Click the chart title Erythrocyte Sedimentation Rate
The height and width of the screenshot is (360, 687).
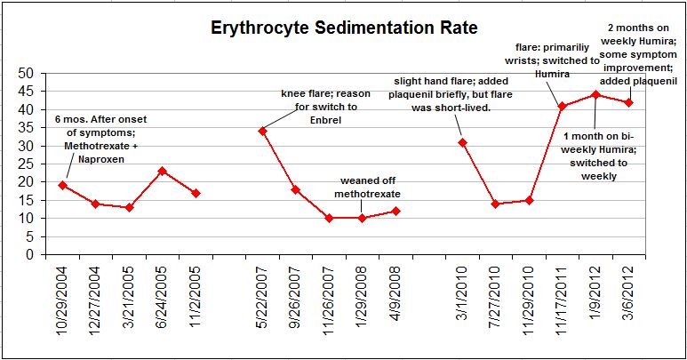click(x=344, y=28)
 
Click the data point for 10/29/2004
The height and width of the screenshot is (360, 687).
click(x=62, y=185)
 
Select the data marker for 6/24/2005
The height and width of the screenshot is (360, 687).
click(x=162, y=171)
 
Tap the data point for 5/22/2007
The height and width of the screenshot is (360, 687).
click(x=262, y=131)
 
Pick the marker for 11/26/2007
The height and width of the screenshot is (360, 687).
click(x=329, y=218)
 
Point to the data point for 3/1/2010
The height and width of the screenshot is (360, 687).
click(x=462, y=142)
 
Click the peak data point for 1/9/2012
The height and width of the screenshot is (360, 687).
click(x=595, y=94)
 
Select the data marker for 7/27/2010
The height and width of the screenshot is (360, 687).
click(x=496, y=204)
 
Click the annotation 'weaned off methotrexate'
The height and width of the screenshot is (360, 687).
click(x=368, y=188)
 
